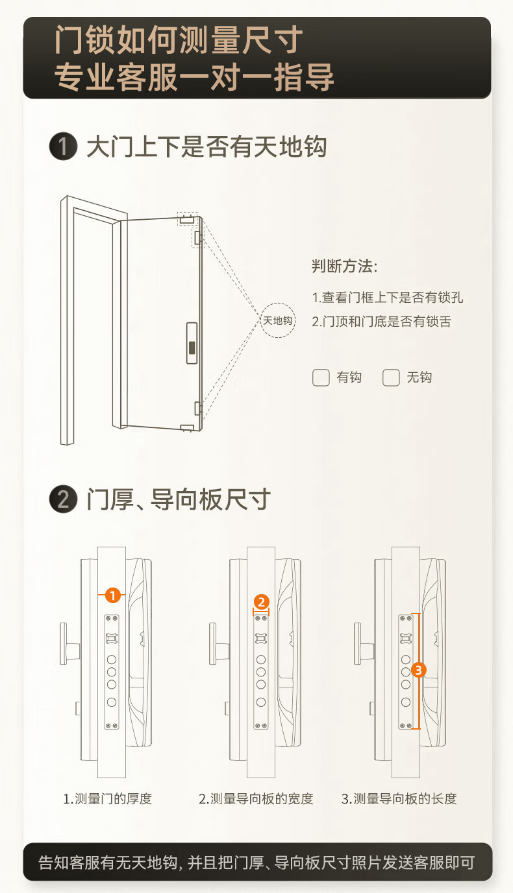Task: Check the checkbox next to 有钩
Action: tap(321, 377)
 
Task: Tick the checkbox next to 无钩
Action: tap(391, 377)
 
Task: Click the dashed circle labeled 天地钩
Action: tap(278, 320)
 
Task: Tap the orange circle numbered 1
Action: tap(113, 594)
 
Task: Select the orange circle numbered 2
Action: tap(260, 602)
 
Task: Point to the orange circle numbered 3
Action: tap(418, 669)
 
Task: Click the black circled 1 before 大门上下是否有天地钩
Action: tap(63, 147)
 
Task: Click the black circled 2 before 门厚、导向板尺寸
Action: tap(63, 500)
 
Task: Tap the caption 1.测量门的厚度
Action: tap(107, 798)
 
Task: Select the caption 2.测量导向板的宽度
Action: tap(256, 798)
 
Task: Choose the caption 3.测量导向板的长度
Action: tap(399, 798)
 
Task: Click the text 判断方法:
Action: tap(345, 266)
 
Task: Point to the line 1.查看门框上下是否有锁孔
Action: tap(388, 298)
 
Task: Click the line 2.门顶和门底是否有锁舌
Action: tap(381, 321)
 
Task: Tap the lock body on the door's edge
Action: tap(192, 342)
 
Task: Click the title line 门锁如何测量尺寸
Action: tap(178, 40)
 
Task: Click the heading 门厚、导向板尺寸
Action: tap(178, 500)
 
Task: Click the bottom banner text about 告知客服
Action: tap(256, 863)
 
